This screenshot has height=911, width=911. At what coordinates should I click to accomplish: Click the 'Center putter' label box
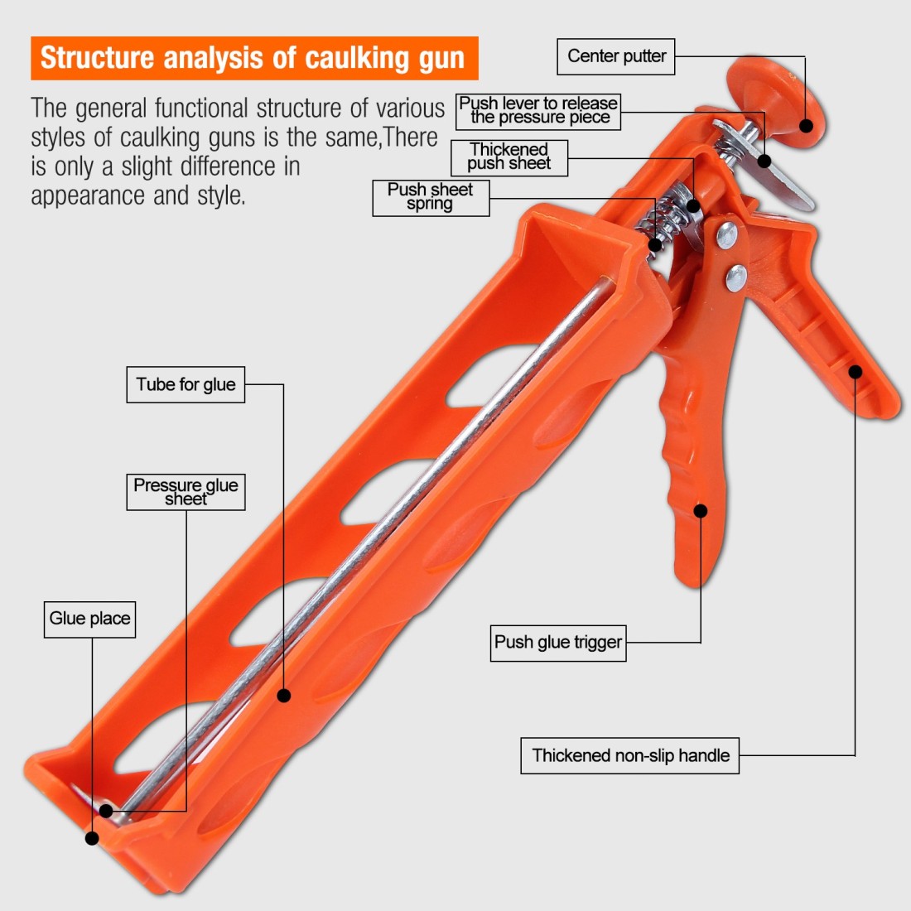click(616, 56)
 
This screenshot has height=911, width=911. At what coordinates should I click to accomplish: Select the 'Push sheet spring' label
click(431, 198)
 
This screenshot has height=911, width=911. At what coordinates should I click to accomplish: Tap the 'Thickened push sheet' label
click(509, 157)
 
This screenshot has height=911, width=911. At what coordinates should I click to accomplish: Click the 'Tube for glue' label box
click(186, 384)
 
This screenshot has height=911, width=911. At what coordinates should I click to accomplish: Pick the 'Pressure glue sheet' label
click(186, 492)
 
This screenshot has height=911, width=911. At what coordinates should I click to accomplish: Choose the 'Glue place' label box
click(90, 619)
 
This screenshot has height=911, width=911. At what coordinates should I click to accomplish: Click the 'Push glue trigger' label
click(558, 643)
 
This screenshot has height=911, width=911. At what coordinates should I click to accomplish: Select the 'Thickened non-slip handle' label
click(629, 755)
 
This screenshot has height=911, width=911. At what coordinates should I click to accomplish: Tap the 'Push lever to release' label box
click(538, 111)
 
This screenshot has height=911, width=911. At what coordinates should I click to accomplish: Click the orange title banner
click(254, 58)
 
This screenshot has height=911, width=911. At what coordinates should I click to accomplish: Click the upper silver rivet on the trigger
click(727, 235)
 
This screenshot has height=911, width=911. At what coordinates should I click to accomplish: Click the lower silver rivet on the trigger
click(736, 277)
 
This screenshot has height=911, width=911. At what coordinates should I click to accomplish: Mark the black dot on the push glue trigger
click(701, 511)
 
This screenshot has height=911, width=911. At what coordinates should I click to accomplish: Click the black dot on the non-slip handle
click(856, 371)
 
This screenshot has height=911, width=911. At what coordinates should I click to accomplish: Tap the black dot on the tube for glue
click(283, 695)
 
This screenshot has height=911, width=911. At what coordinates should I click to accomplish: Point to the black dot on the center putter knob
click(806, 126)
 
